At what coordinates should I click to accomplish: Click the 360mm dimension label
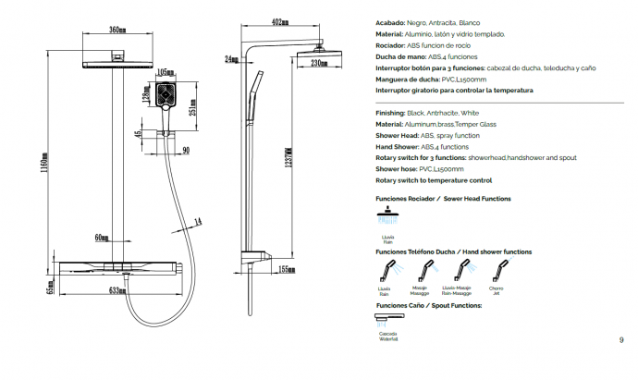click(117, 31)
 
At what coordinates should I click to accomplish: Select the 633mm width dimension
click(117, 290)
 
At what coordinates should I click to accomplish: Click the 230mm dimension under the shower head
click(318, 63)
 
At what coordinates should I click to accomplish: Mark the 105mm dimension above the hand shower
click(166, 72)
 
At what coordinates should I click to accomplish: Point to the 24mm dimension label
click(230, 59)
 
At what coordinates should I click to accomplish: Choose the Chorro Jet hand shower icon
click(497, 271)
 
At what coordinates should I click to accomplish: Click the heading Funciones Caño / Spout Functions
click(428, 305)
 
